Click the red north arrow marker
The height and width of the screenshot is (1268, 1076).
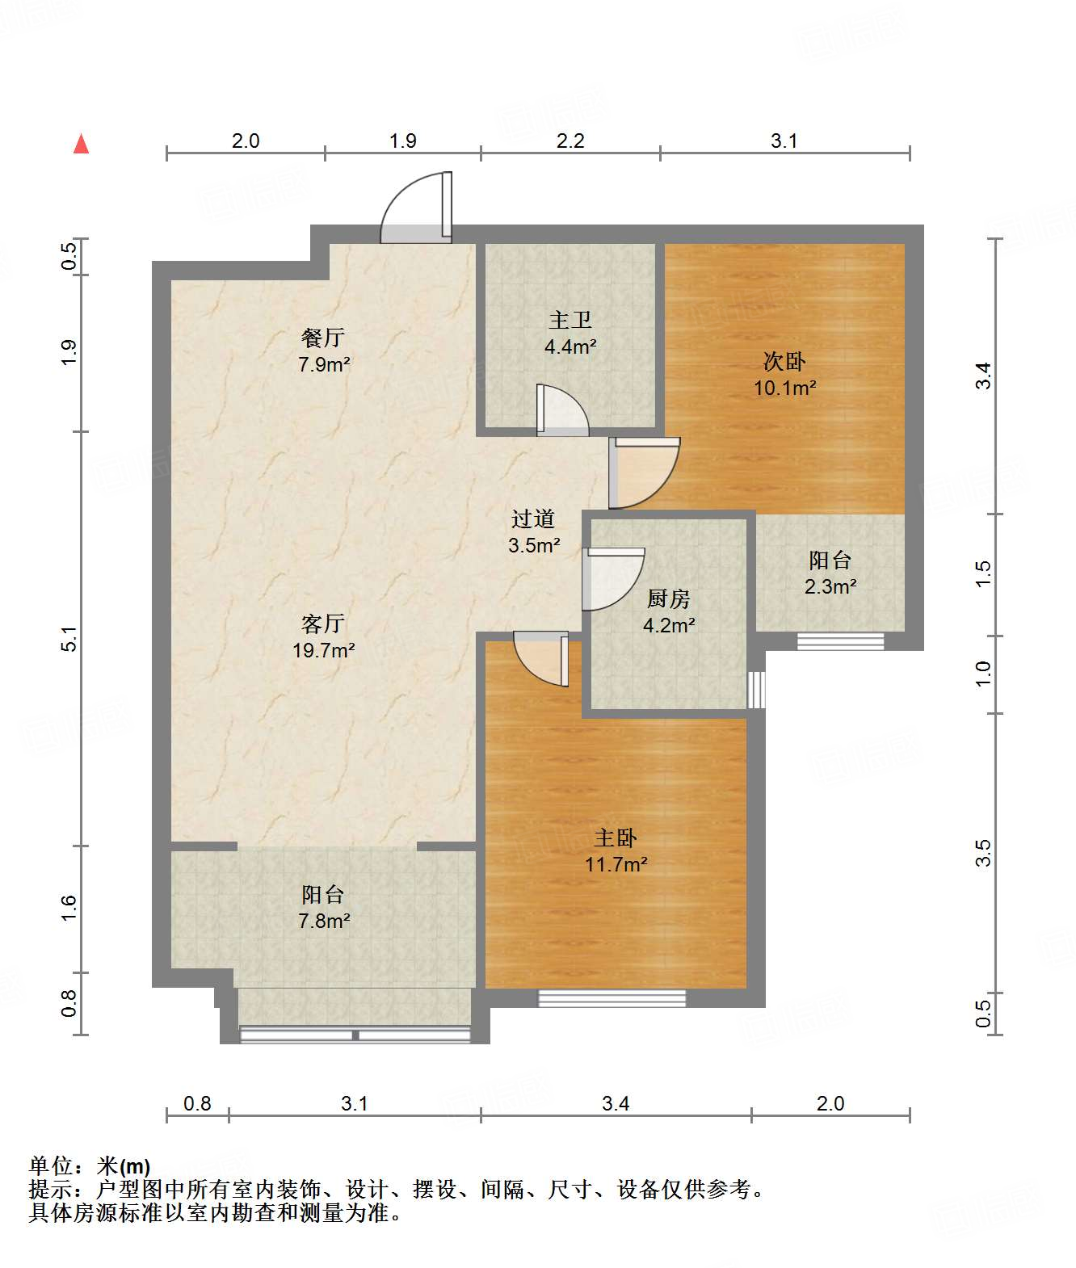click(x=81, y=144)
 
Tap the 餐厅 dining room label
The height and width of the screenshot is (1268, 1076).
click(x=322, y=337)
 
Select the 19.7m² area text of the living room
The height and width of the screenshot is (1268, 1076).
click(x=323, y=649)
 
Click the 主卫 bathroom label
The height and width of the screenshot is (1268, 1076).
click(x=570, y=320)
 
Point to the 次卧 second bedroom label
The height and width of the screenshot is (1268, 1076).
click(x=784, y=361)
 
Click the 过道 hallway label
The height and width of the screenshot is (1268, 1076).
click(x=533, y=519)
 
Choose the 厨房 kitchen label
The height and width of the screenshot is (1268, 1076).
click(x=669, y=598)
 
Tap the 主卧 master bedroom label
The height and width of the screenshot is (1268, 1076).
click(x=616, y=838)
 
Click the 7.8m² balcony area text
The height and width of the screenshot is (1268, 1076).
click(x=324, y=921)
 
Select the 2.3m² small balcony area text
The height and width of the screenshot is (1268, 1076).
click(x=830, y=586)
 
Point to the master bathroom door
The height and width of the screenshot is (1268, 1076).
click(x=562, y=409)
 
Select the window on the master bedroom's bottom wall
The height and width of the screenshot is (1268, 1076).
click(x=612, y=998)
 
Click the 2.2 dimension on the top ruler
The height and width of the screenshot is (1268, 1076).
click(x=570, y=141)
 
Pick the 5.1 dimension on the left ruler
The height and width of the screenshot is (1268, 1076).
click(x=69, y=639)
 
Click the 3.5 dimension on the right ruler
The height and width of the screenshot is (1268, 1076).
click(x=983, y=853)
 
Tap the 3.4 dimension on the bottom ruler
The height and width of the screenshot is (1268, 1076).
click(x=616, y=1103)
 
